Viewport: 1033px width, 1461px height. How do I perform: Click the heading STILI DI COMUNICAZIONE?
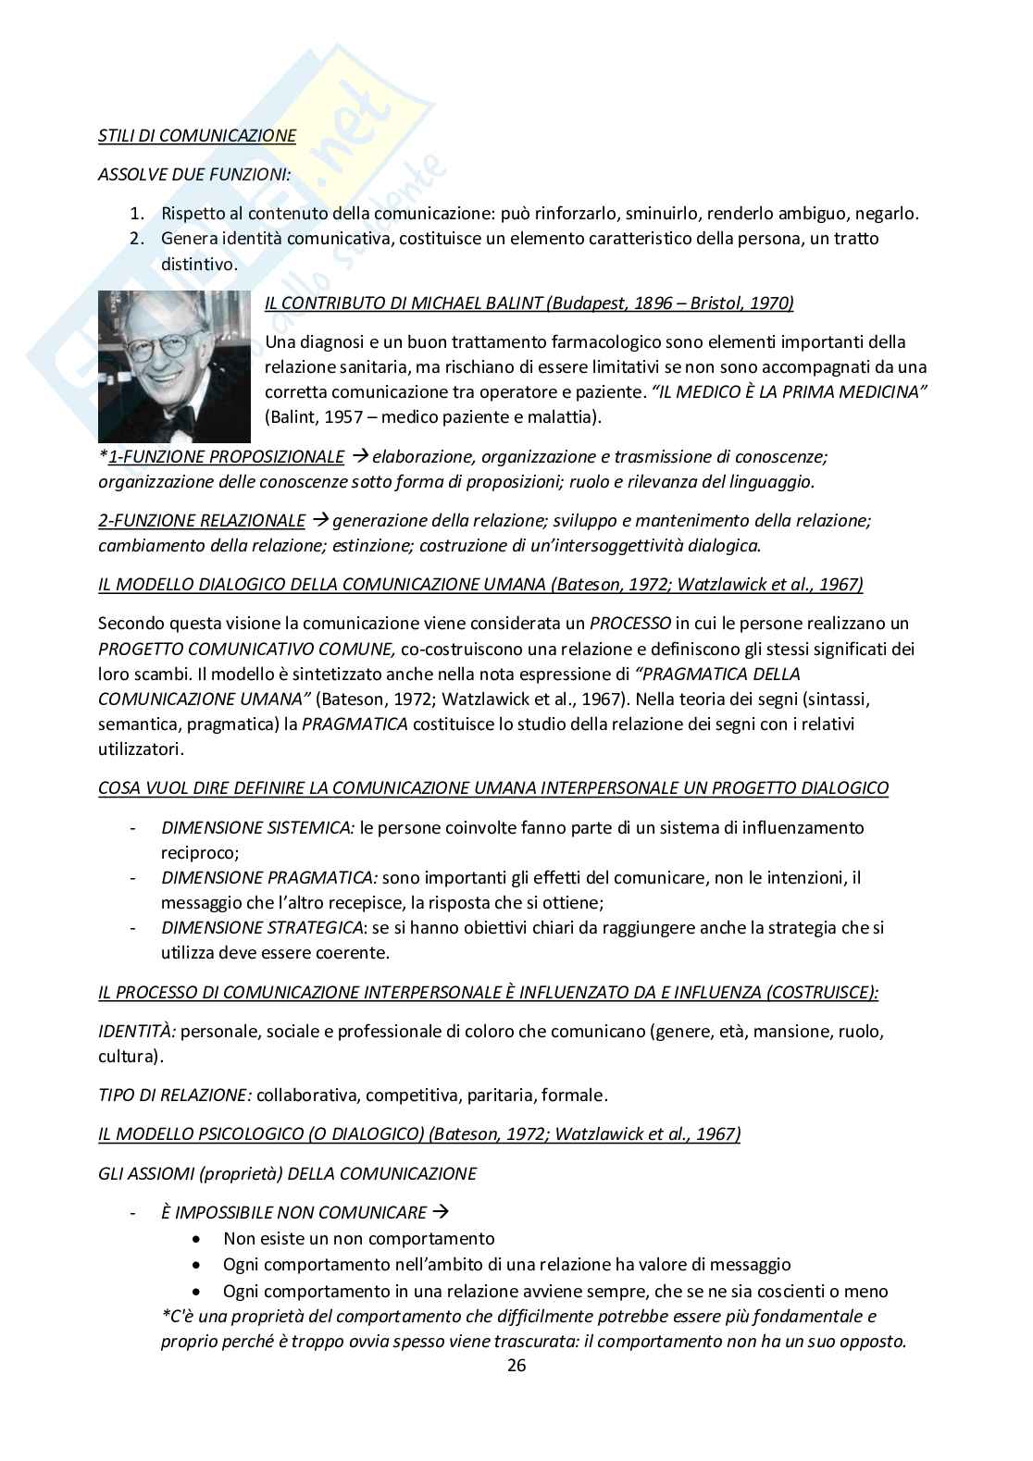197,135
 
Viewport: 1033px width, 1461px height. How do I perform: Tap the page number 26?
516,1366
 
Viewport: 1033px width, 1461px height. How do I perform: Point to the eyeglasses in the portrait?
157,347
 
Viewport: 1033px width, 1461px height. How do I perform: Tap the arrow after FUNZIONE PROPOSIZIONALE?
360,456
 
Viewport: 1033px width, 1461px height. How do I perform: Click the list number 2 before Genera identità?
136,239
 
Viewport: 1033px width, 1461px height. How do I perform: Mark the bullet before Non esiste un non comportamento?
197,1239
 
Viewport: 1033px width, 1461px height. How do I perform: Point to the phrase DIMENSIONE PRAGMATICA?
268,877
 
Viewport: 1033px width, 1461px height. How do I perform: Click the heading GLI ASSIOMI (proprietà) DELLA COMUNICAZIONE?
287,1173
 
